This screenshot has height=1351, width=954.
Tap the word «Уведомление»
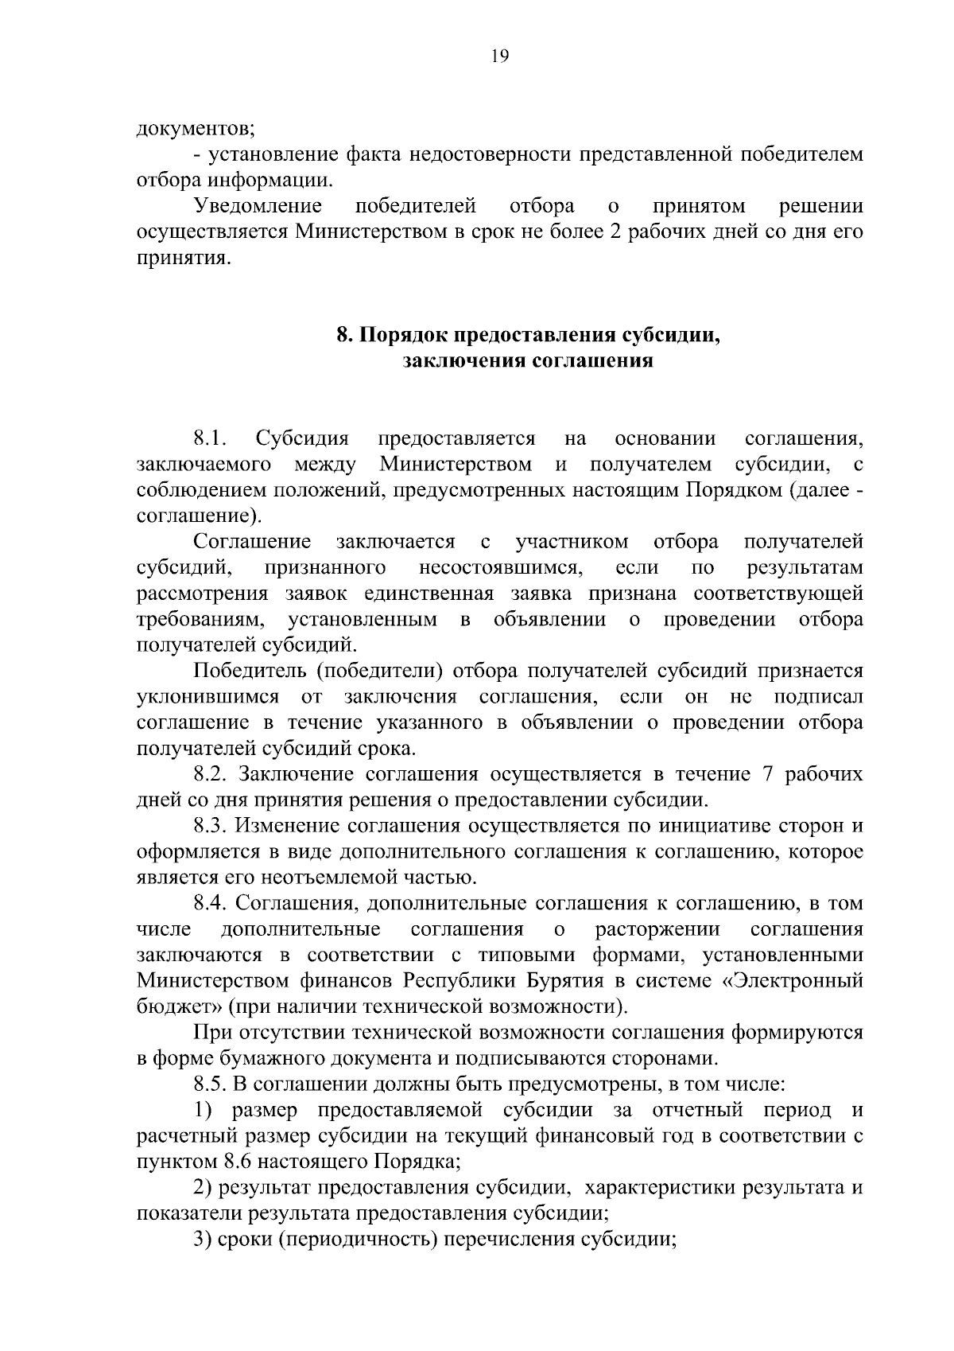tap(258, 207)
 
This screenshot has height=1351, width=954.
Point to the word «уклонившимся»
tap(207, 697)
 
